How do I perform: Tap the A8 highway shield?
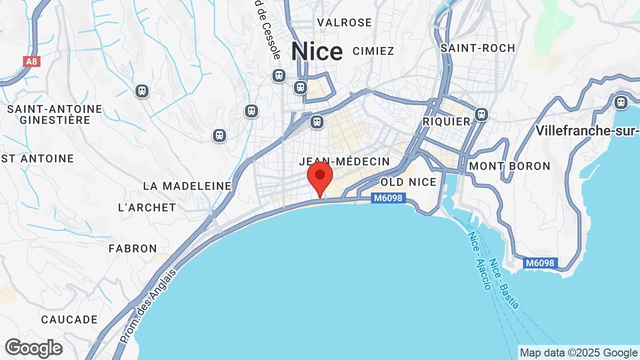31,61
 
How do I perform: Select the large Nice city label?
317,51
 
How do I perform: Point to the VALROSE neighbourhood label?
344,22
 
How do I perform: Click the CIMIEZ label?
373,51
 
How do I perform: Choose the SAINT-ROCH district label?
477,48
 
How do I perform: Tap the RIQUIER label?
446,121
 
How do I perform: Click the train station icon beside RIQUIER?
481,114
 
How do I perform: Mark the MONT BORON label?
510,166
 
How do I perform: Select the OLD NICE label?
408,182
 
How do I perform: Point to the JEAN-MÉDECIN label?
344,161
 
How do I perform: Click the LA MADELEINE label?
187,186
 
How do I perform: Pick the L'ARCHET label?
147,207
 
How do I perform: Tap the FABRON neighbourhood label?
133,248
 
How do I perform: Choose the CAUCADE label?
69,319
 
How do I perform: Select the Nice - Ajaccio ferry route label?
479,260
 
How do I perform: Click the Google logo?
33,348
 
